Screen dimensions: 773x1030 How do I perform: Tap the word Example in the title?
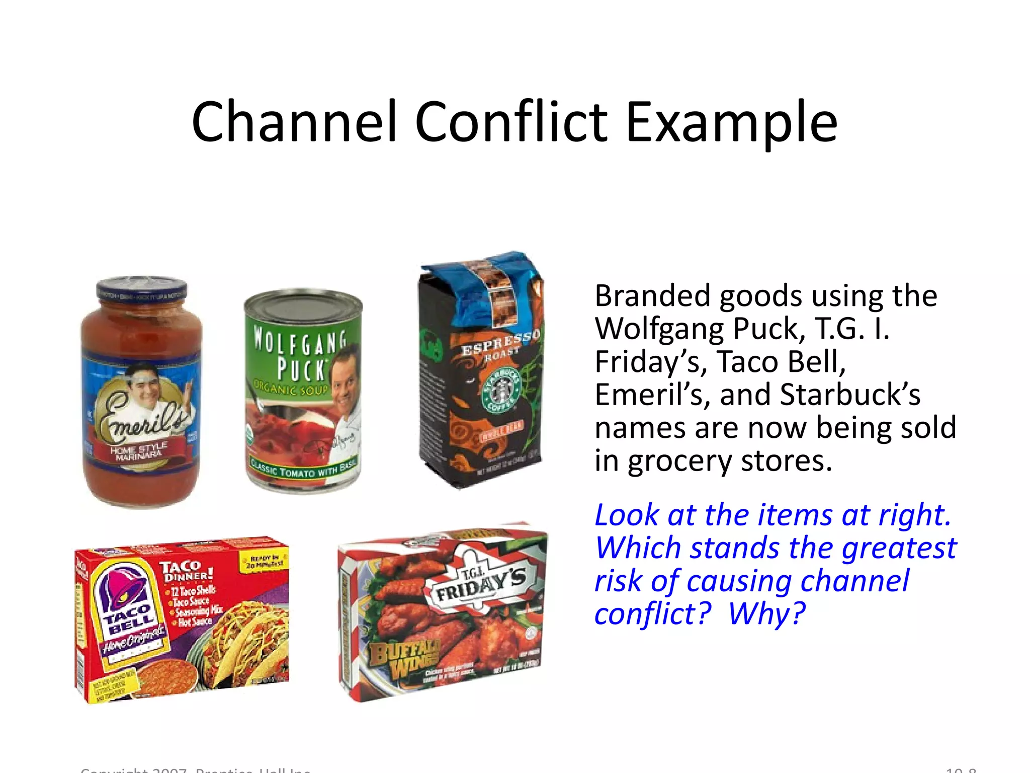[x=731, y=122]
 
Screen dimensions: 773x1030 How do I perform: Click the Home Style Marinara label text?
[x=138, y=451]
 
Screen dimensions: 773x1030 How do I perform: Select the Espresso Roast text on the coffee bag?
[x=500, y=345]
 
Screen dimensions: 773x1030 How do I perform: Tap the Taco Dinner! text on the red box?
[x=187, y=571]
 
